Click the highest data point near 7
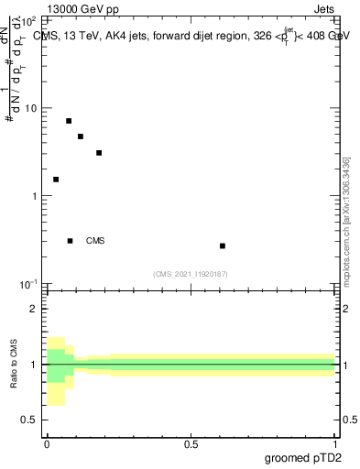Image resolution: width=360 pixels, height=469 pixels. pos(69,121)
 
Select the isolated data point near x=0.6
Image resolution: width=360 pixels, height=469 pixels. pos(223,246)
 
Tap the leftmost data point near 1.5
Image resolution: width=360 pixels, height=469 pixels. pos(56,180)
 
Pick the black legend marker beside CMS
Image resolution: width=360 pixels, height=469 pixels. pos(71,241)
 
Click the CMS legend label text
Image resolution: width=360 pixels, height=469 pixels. pos(95,241)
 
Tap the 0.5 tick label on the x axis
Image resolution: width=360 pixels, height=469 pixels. pos(191,443)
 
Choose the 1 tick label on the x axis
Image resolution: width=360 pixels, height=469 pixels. pos(336,443)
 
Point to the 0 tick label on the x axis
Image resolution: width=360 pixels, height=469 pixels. pos(47,443)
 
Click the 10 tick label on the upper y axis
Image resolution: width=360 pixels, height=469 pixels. pos(31,109)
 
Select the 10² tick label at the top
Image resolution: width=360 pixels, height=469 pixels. pos(29,20)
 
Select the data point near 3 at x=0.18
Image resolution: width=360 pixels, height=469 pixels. pos(99,153)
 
